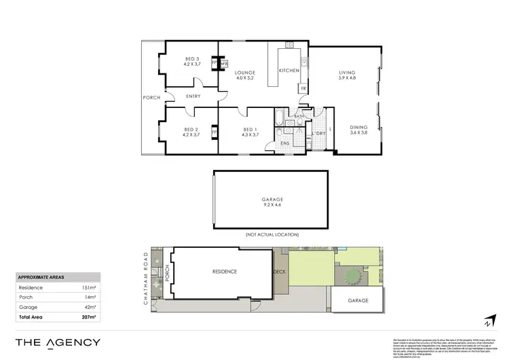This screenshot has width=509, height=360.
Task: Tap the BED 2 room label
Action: coord(191,131)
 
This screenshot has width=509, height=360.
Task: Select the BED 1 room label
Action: coord(250,131)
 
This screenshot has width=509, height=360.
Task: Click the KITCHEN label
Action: coord(290,71)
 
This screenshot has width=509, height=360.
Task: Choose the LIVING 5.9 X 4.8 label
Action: coord(347,75)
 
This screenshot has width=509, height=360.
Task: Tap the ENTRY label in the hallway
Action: coord(193,97)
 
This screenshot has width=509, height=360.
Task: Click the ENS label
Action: coord(286,143)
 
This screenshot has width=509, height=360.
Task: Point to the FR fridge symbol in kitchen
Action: coord(303,88)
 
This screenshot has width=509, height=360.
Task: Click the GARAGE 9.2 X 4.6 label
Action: coord(271,202)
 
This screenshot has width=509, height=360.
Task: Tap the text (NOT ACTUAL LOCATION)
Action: coord(271,234)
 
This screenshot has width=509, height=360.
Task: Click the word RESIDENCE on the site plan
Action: coord(225,272)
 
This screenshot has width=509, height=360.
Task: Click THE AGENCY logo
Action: coord(58,342)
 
